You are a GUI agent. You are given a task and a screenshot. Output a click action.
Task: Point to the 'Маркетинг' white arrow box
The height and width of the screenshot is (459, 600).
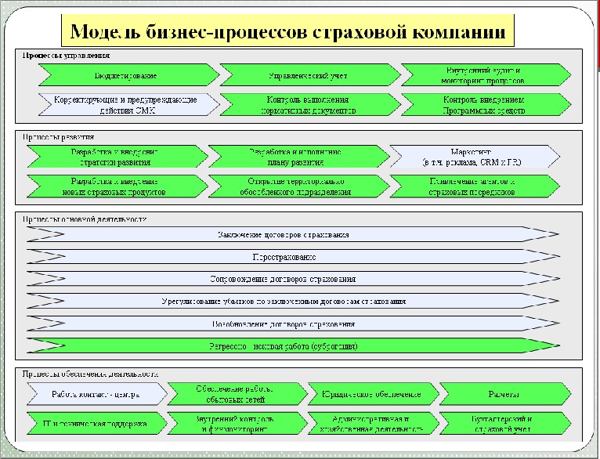click(x=476, y=157)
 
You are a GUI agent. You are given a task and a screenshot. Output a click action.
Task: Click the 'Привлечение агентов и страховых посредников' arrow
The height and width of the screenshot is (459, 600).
click(x=476, y=186)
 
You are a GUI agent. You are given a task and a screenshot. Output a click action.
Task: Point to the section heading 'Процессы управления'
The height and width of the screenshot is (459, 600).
click(x=66, y=56)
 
